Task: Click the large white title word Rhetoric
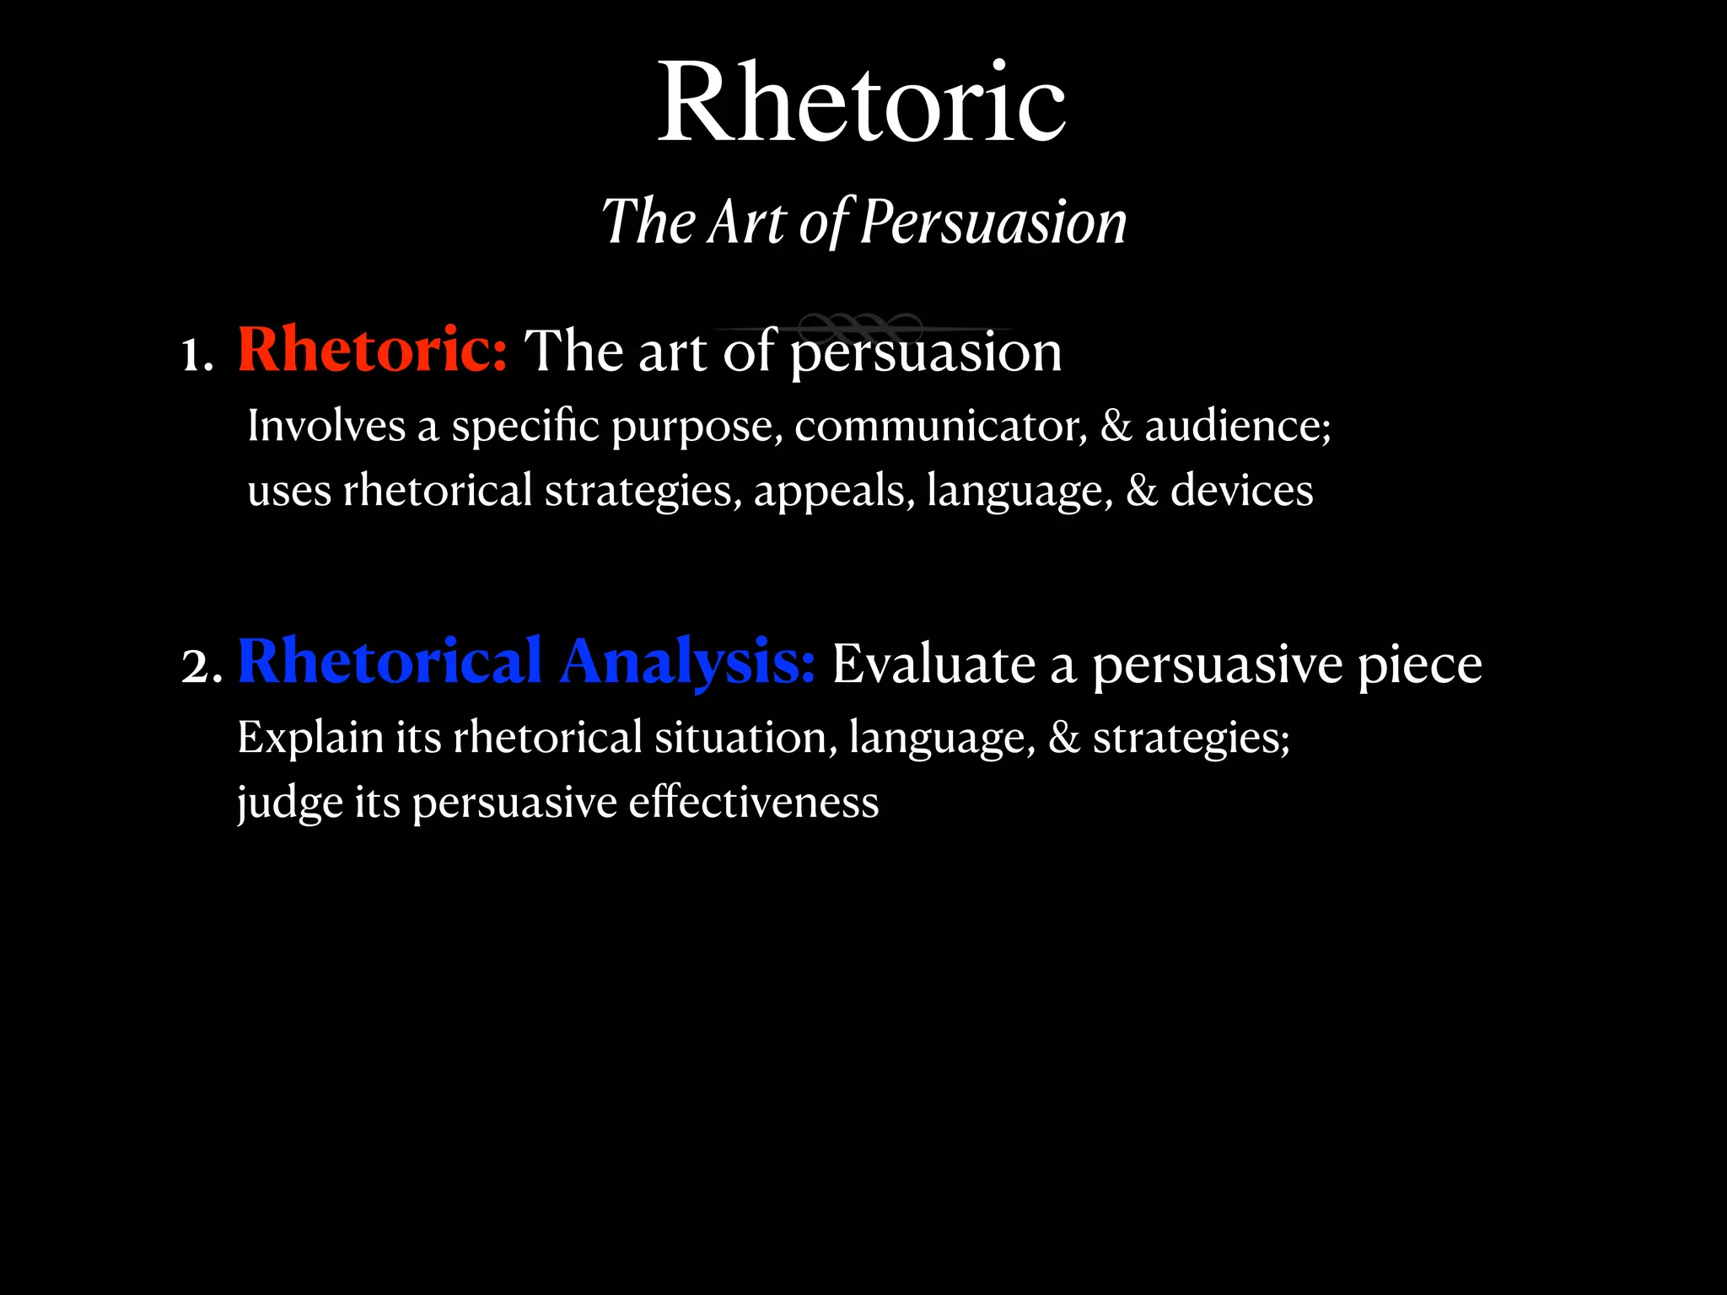(862, 103)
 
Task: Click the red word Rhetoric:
(372, 349)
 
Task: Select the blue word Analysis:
(687, 662)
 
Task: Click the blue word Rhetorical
(390, 662)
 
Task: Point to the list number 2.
(202, 666)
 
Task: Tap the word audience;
(1238, 426)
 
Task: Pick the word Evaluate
(933, 664)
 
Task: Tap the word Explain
(310, 739)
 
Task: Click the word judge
(289, 803)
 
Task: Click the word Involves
(326, 426)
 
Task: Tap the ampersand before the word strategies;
(1064, 738)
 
